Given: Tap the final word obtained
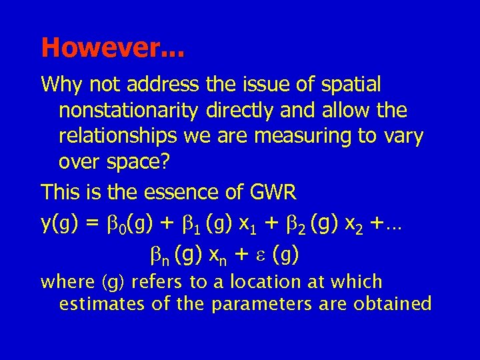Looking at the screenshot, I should coord(393,304).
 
